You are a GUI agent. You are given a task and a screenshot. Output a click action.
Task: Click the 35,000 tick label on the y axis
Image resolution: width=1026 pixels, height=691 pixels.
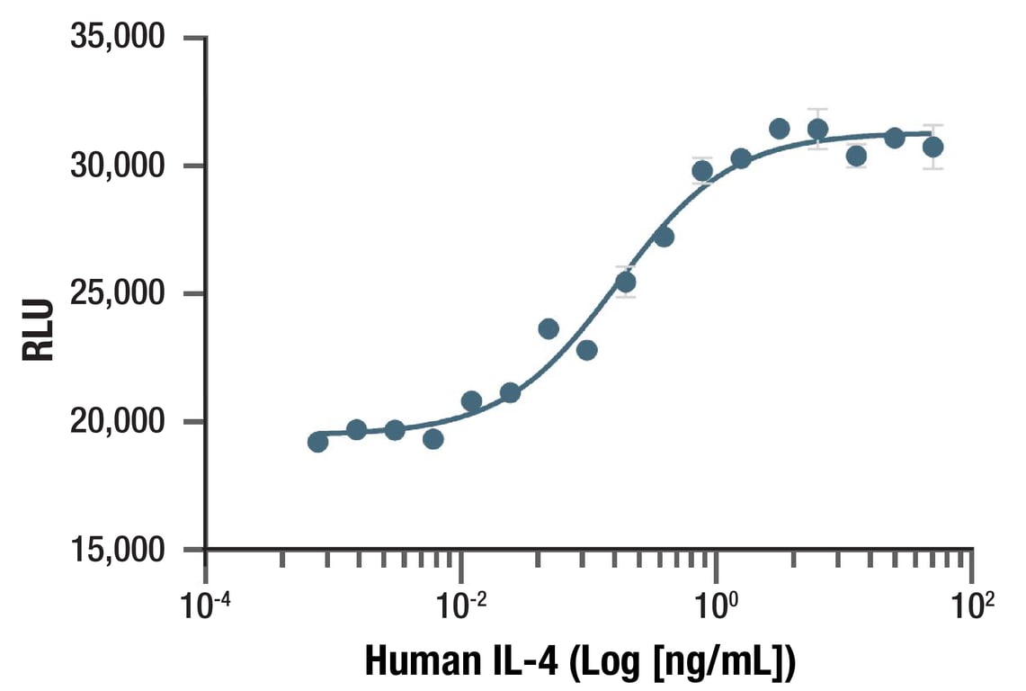click(119, 38)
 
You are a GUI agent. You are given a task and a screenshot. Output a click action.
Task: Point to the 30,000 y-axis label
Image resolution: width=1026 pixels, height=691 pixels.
click(119, 166)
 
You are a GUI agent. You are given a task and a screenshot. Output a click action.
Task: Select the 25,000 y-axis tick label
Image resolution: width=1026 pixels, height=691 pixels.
click(119, 294)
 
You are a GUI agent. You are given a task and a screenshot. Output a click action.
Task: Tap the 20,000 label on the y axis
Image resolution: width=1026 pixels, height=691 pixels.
click(119, 422)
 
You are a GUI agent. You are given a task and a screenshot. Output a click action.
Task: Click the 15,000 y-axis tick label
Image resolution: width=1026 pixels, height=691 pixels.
click(119, 549)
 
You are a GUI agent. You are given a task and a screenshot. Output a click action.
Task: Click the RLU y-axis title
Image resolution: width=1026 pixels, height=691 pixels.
click(39, 330)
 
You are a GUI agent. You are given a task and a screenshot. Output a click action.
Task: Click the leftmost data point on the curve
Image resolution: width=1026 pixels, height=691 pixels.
click(317, 442)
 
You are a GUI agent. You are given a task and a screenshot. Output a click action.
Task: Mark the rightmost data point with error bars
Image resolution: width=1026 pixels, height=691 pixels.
click(932, 147)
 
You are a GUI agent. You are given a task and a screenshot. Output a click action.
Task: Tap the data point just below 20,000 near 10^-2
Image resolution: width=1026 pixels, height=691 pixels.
click(433, 439)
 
